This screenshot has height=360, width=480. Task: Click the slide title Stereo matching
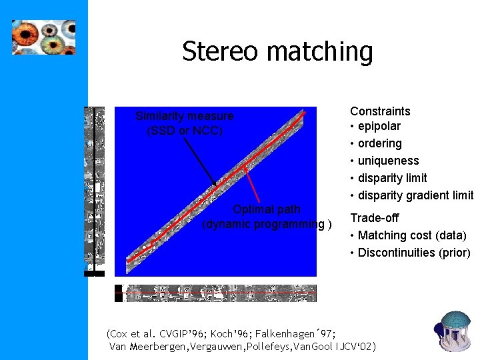[x=277, y=51]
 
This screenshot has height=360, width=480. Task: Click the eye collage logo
[x=43, y=37]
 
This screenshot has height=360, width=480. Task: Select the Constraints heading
[x=380, y=111]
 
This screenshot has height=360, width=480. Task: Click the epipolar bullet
[x=379, y=126]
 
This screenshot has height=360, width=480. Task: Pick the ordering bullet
[x=379, y=143]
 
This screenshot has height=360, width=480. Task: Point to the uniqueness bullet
[x=388, y=161]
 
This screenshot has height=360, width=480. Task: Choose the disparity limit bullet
[x=392, y=178]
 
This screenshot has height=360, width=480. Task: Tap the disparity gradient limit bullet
[x=415, y=195]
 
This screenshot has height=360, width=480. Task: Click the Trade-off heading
[x=375, y=218]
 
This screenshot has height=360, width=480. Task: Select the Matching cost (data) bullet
[x=411, y=235]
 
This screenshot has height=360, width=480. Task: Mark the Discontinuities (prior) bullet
[x=413, y=253]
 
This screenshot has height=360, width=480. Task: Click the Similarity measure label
[x=185, y=116]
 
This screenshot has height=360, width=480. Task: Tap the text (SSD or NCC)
[x=185, y=131]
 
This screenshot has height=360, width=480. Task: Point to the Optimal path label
[x=266, y=209]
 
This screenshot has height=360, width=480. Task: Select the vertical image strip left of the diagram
[x=95, y=190]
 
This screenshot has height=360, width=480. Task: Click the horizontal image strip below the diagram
[x=215, y=293]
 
